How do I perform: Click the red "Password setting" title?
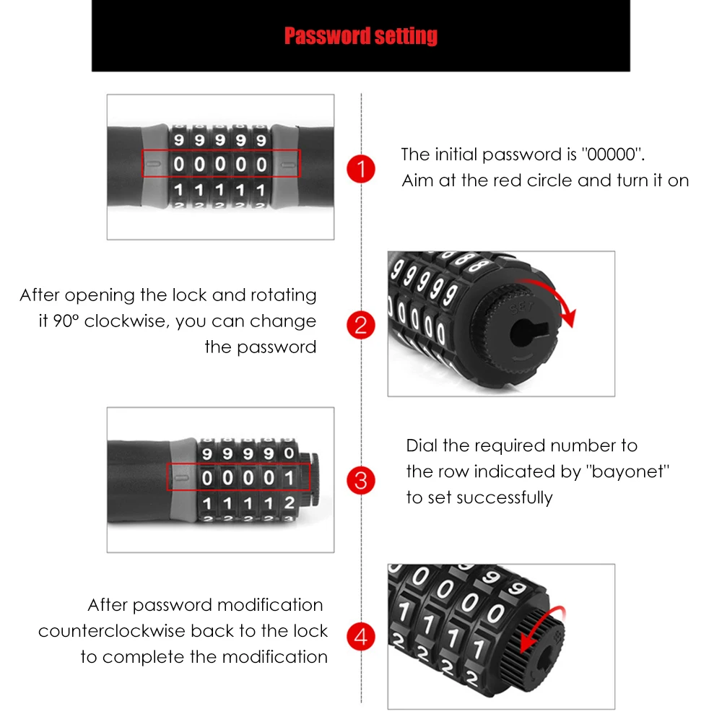tap(360, 35)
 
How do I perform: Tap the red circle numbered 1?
tap(361, 170)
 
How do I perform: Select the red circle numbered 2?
tap(361, 325)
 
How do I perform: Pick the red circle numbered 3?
tap(361, 480)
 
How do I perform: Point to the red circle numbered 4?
tap(361, 637)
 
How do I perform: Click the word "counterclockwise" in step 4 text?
tap(112, 631)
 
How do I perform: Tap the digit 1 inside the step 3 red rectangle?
tap(289, 478)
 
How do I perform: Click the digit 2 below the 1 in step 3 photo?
tap(290, 503)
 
